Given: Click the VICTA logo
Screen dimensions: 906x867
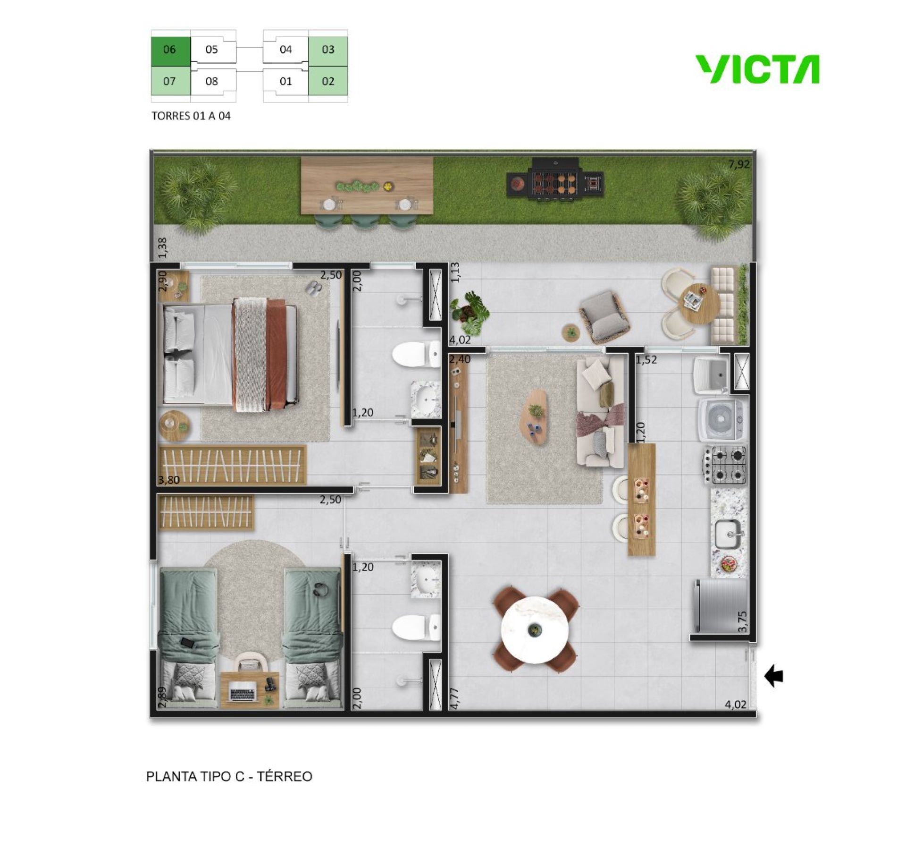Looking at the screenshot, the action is click(x=758, y=69).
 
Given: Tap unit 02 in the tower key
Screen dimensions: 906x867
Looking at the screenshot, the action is click(x=328, y=81).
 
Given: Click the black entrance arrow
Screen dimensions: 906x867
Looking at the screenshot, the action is click(x=774, y=677).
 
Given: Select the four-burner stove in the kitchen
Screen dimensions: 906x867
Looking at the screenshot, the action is click(x=725, y=465).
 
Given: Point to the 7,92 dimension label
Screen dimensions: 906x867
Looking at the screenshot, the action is click(x=738, y=165).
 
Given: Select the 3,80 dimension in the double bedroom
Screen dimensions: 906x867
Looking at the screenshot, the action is click(x=169, y=480).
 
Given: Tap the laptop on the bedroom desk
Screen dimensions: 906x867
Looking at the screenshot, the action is click(x=243, y=692).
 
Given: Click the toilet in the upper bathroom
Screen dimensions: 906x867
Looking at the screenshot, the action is click(x=416, y=354).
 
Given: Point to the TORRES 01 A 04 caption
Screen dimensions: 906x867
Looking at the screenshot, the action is click(x=191, y=116).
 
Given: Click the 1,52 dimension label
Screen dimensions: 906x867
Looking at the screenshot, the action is click(x=646, y=360).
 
